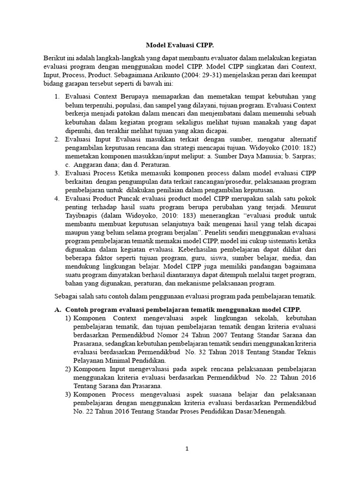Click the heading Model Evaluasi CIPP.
tap(180, 45)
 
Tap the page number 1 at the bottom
tap(187, 448)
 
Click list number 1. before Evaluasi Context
tap(57, 97)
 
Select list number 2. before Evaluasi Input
tap(57, 139)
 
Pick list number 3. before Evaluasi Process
tap(57, 173)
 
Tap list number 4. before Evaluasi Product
tap(57, 198)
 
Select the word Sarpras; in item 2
tap(302, 156)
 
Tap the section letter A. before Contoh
tap(58, 309)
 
